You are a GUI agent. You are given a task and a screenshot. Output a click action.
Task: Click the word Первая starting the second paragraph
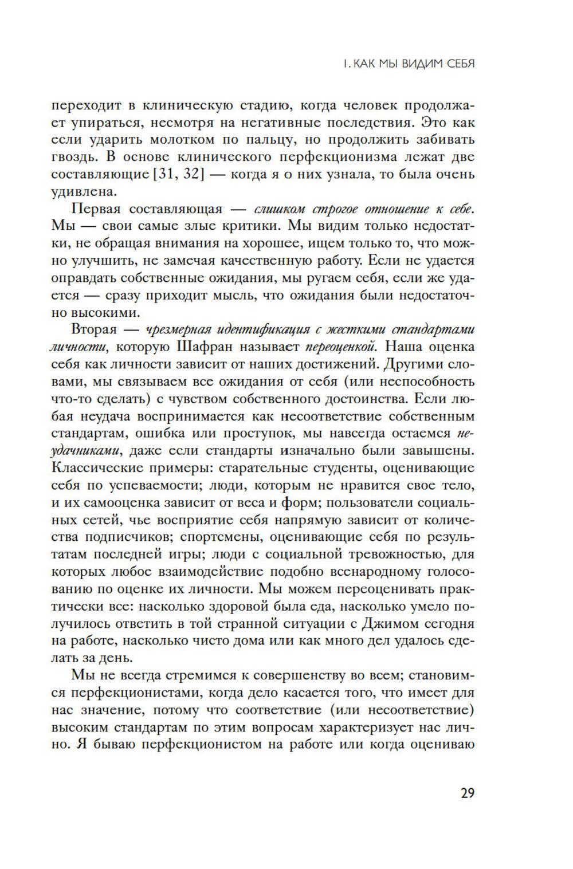pos(96,209)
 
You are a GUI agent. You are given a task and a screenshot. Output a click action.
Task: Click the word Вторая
pos(94,330)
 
